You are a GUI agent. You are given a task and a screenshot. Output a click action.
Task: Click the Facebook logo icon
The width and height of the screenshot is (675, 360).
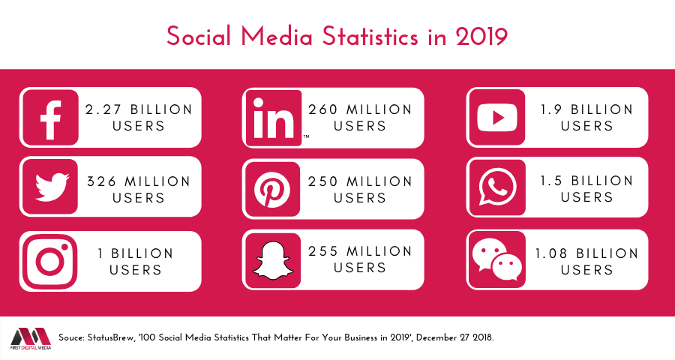[x=50, y=117]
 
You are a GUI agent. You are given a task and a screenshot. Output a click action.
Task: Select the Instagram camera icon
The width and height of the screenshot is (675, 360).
[x=50, y=261]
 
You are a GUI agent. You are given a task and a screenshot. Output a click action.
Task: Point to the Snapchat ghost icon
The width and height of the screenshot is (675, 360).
[x=273, y=259]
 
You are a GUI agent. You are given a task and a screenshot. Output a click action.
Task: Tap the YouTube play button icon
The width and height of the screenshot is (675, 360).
[x=496, y=116]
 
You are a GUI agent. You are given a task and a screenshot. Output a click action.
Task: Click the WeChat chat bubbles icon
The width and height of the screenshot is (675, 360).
[x=496, y=259]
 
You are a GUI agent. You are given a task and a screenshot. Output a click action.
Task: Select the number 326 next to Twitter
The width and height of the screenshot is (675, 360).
[x=100, y=181]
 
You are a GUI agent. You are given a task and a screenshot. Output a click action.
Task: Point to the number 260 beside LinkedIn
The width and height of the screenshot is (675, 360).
[x=323, y=109]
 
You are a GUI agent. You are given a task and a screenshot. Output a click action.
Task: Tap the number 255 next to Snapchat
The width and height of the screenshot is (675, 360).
[x=323, y=251]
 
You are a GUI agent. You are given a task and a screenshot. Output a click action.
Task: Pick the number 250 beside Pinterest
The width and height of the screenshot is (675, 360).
[x=323, y=181]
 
